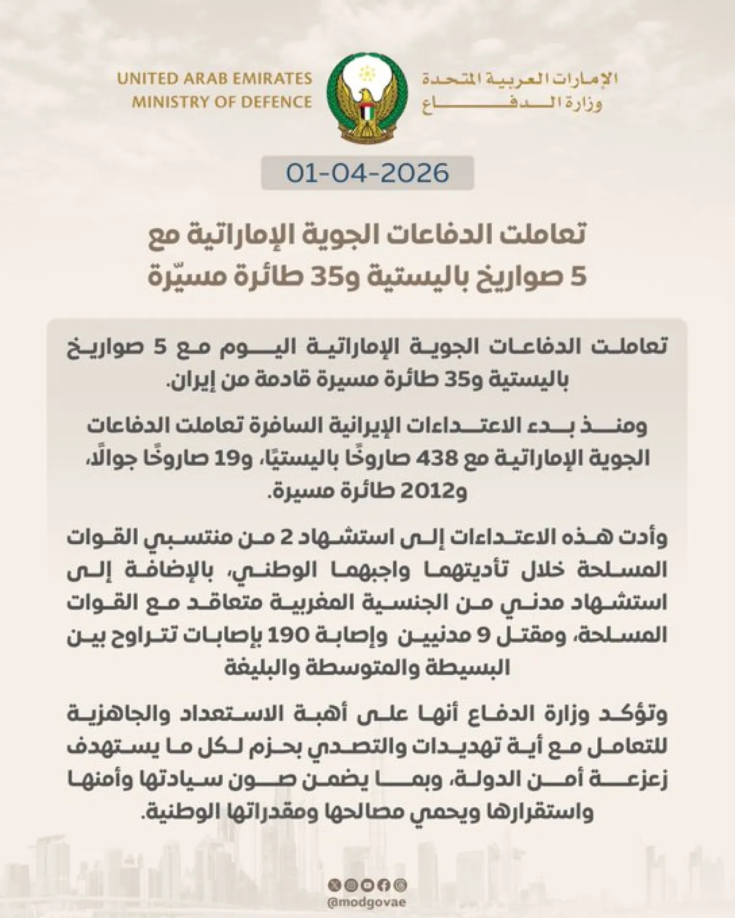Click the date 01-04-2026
coord(367,173)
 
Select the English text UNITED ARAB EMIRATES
coord(214,79)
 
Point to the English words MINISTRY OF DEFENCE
coord(222,102)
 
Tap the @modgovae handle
coord(367,903)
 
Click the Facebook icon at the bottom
coord(384,885)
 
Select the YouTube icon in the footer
coord(367,885)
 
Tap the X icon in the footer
coord(334,885)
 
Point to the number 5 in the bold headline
coord(578,277)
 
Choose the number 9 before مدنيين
coord(483,635)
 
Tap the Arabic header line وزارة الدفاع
coord(511,103)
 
